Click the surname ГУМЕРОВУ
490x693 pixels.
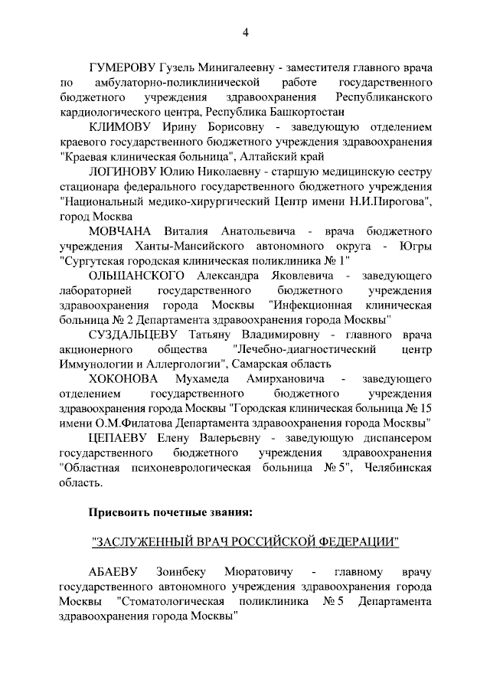tap(123, 66)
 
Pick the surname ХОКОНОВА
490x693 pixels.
tap(122, 380)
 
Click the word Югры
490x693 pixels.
tap(416, 246)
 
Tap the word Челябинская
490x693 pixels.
tap(399, 469)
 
